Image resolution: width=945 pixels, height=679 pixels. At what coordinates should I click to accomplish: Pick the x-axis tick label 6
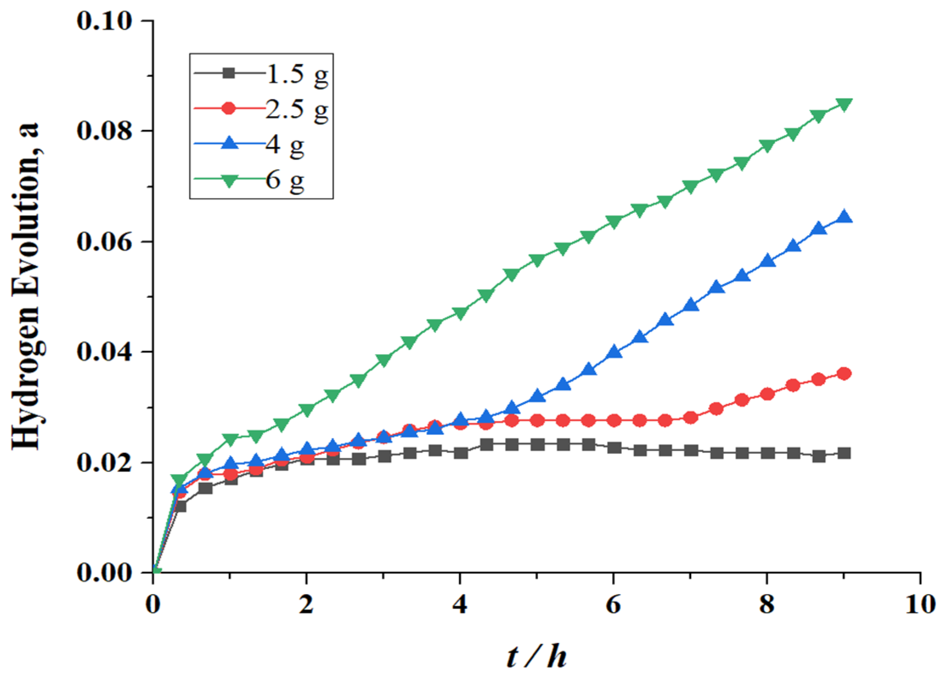click(613, 605)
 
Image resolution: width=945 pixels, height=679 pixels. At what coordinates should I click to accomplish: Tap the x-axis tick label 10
click(920, 605)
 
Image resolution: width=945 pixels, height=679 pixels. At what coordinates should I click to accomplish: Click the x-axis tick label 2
click(306, 605)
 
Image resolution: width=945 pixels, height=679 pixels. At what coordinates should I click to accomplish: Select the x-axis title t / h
click(537, 656)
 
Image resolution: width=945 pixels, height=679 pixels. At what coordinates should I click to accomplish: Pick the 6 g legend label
click(285, 179)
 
